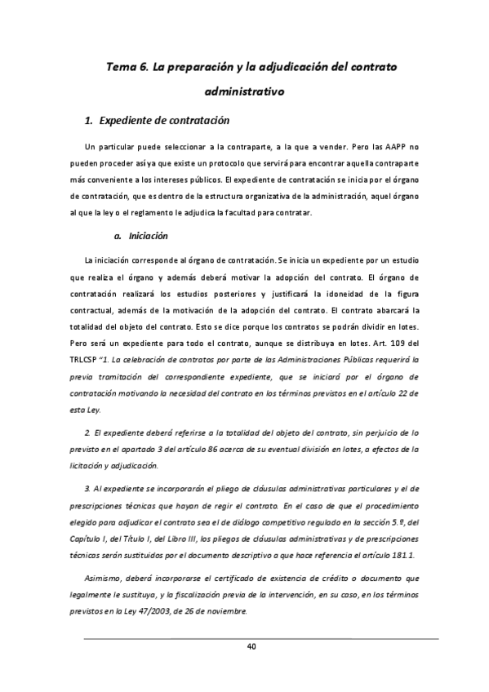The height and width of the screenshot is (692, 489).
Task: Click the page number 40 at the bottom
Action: point(251,648)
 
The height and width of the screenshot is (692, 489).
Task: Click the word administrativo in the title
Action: point(244,92)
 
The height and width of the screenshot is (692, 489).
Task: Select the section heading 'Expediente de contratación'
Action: point(163,121)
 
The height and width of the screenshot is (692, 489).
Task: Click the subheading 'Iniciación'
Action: point(152,237)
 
